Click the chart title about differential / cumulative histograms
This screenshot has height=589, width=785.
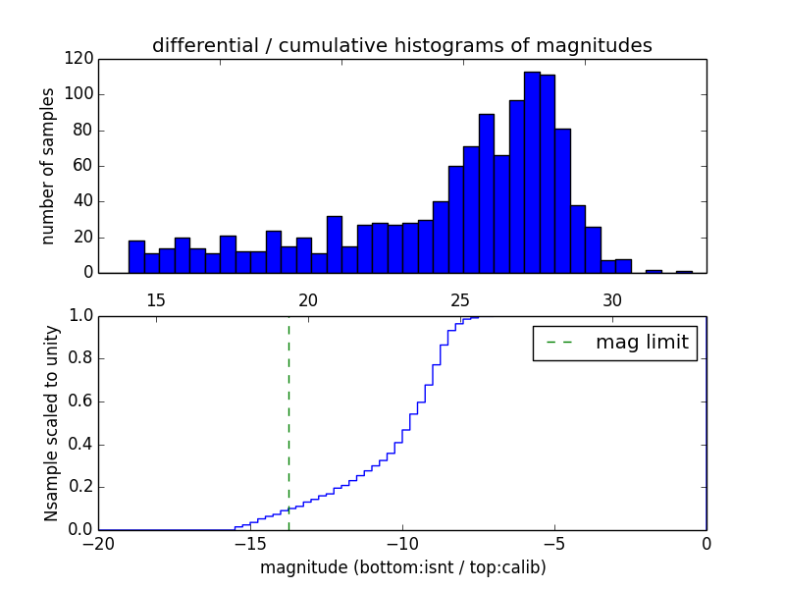(402, 45)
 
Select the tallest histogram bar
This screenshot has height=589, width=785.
(532, 172)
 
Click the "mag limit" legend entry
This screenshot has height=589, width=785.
(615, 343)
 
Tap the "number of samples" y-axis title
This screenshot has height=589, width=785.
(48, 166)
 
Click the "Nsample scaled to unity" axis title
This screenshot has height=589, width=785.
(51, 422)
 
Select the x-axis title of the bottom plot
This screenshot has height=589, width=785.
(402, 567)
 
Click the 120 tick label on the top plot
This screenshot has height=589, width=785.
(79, 59)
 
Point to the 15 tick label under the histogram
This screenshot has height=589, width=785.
(156, 299)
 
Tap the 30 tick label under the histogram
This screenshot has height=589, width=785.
(612, 299)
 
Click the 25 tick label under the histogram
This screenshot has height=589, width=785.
(460, 299)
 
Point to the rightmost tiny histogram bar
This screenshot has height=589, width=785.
(684, 271)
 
